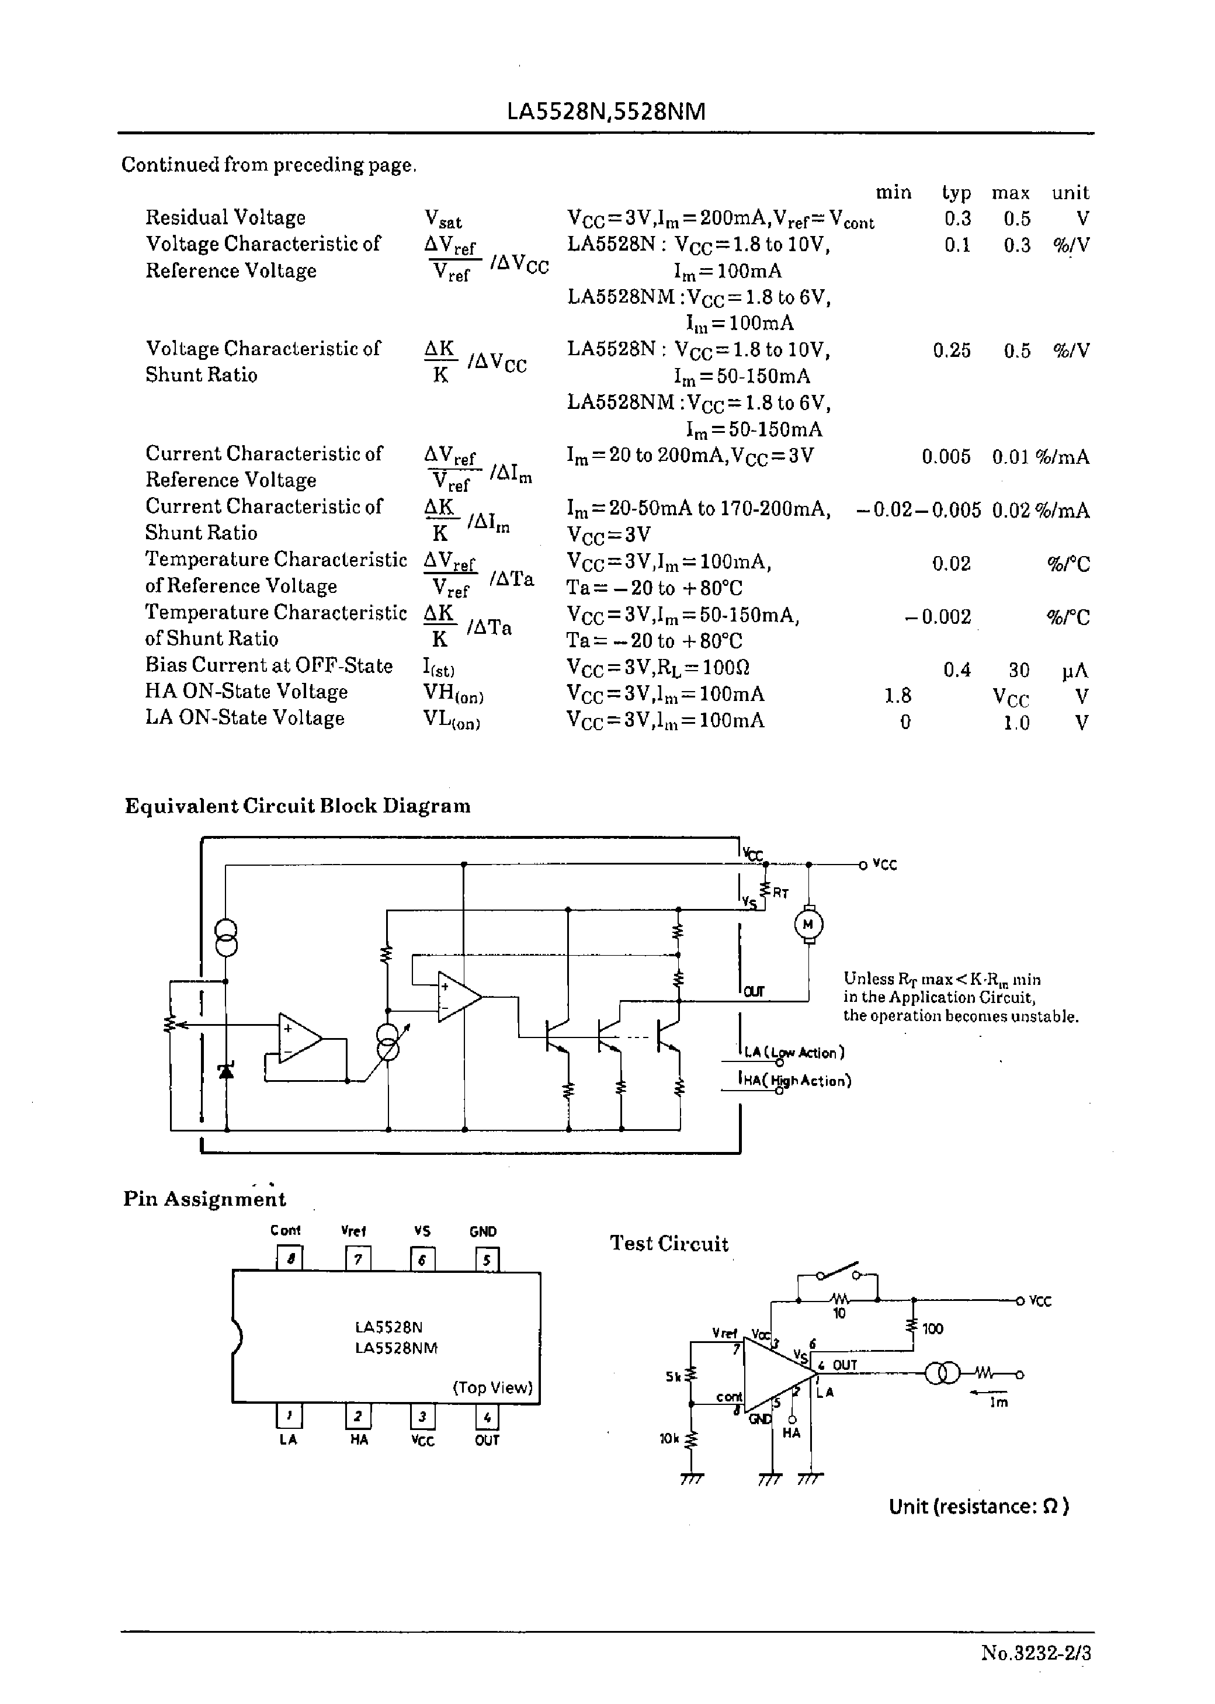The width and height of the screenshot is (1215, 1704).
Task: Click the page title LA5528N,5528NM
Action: [x=606, y=112]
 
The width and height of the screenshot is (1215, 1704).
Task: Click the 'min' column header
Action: [x=893, y=193]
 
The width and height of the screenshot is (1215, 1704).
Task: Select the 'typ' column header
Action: [x=956, y=193]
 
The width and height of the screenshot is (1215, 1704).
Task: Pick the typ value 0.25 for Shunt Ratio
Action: [x=951, y=351]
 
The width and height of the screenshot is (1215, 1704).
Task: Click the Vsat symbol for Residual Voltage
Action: [x=443, y=218]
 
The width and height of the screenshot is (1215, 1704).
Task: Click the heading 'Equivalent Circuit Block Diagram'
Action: [x=298, y=806]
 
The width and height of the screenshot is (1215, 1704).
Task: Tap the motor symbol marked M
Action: [x=808, y=925]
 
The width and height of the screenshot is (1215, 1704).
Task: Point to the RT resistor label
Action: [x=780, y=893]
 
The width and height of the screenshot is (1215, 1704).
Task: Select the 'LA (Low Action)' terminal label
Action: [x=794, y=1053]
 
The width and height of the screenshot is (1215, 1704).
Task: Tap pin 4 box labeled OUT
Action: [x=487, y=1417]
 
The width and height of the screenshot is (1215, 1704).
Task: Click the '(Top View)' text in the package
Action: [x=492, y=1387]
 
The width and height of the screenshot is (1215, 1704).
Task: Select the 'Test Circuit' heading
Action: [x=669, y=1244]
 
